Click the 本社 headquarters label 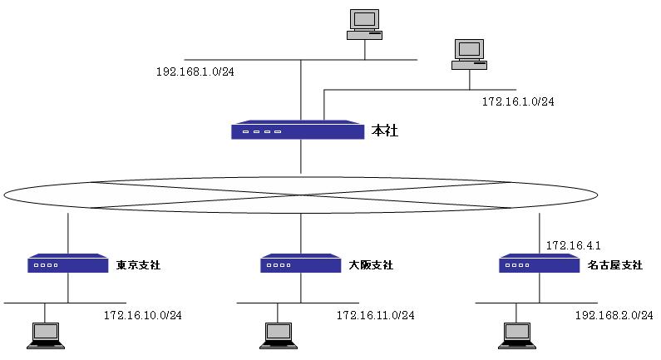click(x=384, y=131)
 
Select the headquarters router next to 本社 click(x=298, y=131)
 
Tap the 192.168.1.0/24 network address click(x=195, y=72)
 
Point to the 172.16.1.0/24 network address click(x=518, y=101)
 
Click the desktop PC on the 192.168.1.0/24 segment click(x=364, y=24)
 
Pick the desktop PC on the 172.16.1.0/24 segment click(x=469, y=54)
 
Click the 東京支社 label click(x=139, y=265)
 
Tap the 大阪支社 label click(x=372, y=265)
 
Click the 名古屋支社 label click(x=615, y=265)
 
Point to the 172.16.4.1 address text click(x=573, y=245)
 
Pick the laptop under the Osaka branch click(x=278, y=334)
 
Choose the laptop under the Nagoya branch click(x=516, y=334)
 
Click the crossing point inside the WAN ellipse click(x=301, y=195)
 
